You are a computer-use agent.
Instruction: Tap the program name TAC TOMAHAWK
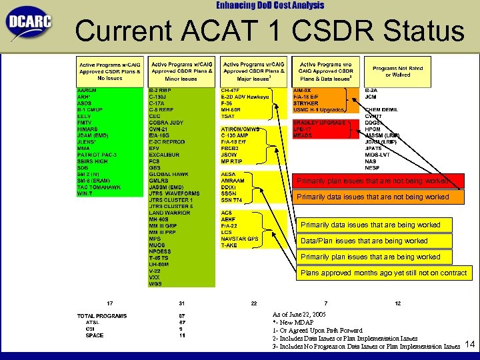click(97, 187)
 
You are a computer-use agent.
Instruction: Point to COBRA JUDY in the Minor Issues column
click(166, 122)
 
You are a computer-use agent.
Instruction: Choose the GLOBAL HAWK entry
click(169, 174)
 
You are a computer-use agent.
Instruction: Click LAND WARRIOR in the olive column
click(169, 213)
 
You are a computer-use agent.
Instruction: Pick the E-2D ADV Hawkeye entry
click(245, 96)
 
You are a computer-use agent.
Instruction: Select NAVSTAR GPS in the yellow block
click(239, 239)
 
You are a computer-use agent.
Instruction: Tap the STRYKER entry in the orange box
click(305, 103)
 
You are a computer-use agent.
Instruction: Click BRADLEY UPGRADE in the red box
click(319, 123)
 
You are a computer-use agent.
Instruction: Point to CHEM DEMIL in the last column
click(381, 109)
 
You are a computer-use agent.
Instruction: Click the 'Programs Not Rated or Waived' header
click(397, 71)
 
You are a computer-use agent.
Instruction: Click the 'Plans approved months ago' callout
click(384, 273)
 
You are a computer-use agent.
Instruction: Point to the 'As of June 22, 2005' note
click(299, 313)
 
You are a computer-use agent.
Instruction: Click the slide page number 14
click(469, 344)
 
